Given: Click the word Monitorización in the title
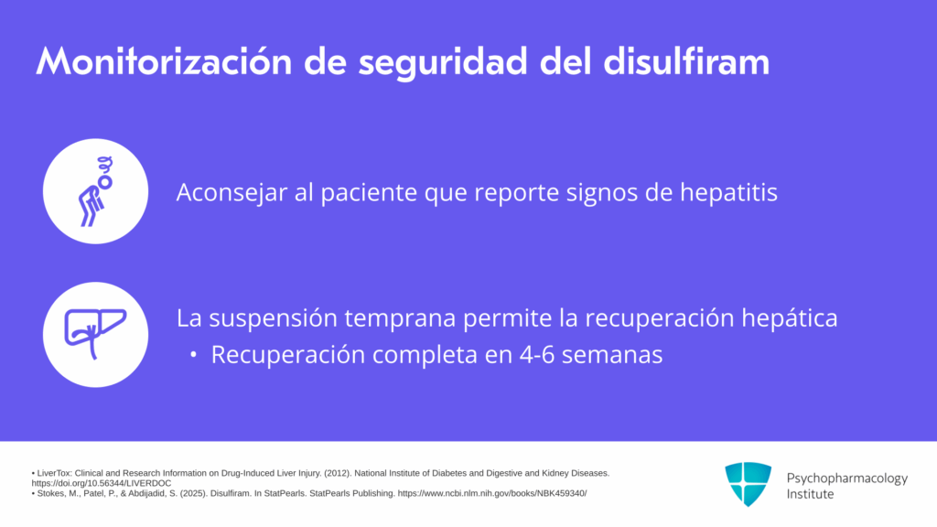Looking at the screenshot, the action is point(164,61).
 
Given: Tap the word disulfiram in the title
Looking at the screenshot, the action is point(686,61).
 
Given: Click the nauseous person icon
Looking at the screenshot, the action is point(95,191).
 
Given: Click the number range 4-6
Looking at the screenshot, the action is point(536,355).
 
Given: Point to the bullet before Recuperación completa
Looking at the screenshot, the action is point(193,356).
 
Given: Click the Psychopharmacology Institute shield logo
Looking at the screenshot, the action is point(748,484).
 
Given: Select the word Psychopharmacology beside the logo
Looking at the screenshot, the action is point(846,479).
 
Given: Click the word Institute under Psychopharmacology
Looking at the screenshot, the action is point(810,494).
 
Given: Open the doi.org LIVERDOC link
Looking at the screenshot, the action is point(102,483).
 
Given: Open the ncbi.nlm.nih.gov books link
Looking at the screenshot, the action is point(491,493).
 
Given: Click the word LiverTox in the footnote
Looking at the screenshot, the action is point(54,473).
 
